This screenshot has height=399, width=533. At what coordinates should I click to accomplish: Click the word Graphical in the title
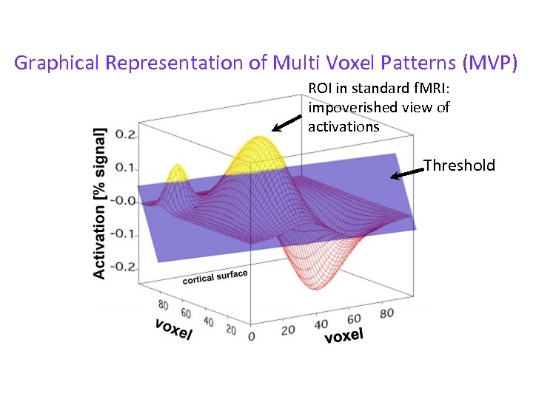pos(58,63)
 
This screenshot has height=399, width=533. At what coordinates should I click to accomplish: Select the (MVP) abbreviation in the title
pos(489,63)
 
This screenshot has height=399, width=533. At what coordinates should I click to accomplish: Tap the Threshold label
pos(459,166)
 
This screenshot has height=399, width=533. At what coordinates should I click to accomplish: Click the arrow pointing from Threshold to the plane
pos(406,173)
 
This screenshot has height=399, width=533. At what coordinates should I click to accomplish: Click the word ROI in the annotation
pos(320,89)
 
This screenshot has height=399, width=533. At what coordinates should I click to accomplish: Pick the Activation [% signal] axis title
pos(99,203)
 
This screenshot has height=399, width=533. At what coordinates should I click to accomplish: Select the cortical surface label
pos(215,277)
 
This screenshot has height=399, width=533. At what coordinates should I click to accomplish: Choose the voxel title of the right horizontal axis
pos(344,336)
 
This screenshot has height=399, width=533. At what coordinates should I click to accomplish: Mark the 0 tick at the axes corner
pos(251,336)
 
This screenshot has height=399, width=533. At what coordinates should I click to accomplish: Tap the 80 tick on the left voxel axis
pos(163,305)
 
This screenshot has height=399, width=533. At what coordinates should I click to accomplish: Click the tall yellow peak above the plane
pos(256,151)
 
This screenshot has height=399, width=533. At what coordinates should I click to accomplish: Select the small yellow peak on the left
pos(177,173)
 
